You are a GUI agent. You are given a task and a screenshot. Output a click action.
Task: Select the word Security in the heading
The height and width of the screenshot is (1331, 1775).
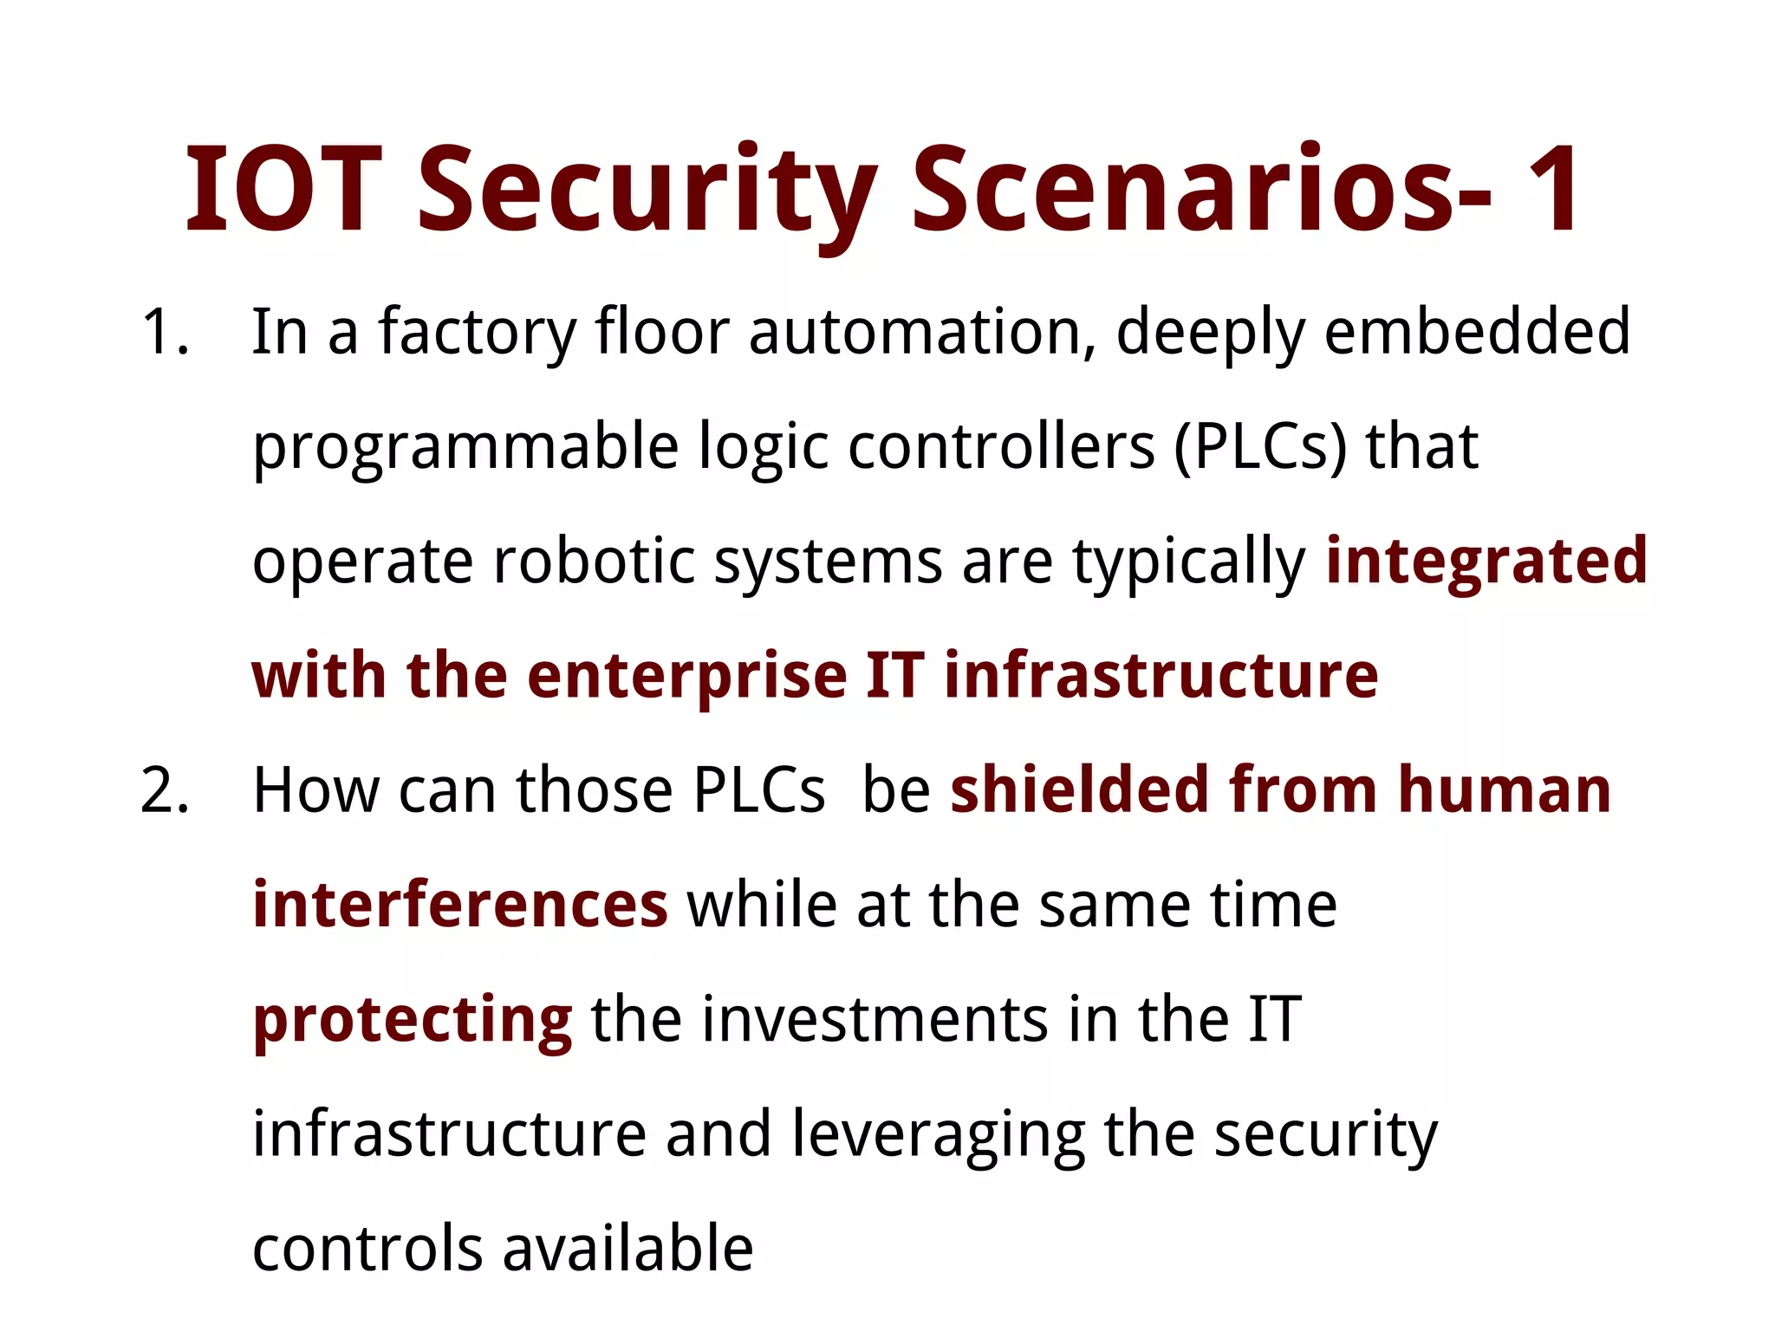pos(647,192)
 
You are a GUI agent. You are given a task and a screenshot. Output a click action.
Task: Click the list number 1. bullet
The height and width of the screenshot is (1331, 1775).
pos(165,332)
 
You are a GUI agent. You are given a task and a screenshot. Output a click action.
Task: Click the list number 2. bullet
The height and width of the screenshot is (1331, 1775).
pos(165,791)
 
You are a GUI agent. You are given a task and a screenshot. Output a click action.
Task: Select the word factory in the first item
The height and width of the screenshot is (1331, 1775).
pos(477,334)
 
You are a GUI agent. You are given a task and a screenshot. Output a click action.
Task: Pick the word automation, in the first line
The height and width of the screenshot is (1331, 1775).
pos(922,332)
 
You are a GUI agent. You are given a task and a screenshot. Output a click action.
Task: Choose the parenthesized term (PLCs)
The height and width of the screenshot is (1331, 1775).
pos(1260,447)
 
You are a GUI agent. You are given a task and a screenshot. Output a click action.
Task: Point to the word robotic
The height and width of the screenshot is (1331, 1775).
pos(594,562)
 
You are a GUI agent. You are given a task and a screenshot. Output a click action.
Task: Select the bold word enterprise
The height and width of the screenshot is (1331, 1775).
pos(686,678)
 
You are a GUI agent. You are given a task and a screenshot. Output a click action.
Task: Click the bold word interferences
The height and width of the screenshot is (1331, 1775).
pos(460,905)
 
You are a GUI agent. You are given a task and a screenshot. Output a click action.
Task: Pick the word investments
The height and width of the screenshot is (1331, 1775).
pos(875,1019)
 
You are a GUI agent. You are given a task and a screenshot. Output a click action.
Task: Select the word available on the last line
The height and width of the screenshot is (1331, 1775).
pos(627,1249)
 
